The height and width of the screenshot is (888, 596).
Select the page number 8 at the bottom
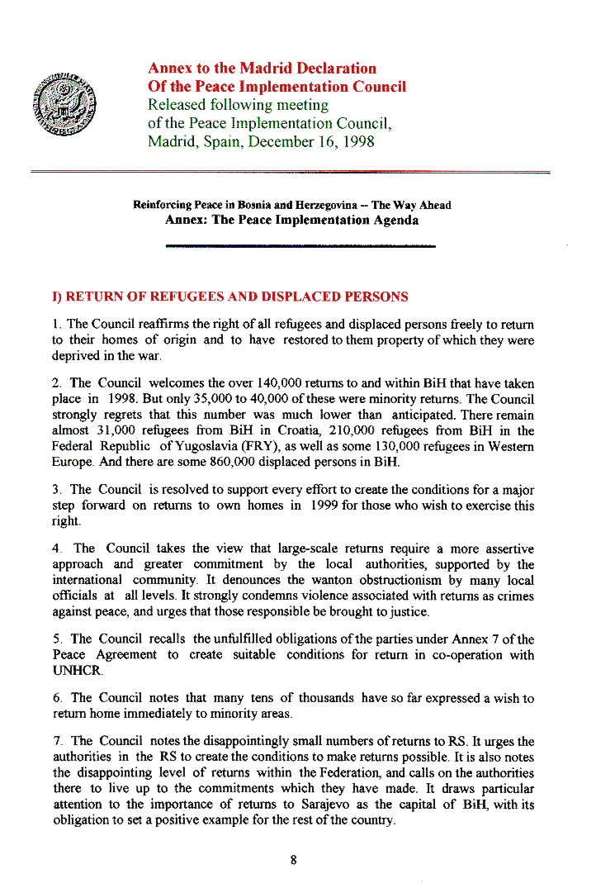pos(293,859)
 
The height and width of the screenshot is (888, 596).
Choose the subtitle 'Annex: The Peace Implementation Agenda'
pos(291,221)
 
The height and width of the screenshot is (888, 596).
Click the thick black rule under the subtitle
pos(300,245)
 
